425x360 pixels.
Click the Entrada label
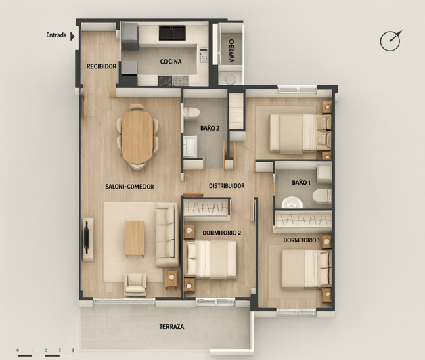56,36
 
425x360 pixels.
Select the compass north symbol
390,41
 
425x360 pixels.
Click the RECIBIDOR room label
102,66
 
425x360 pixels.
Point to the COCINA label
171,62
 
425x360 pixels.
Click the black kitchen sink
172,32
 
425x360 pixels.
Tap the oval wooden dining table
137,137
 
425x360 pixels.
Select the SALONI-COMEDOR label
129,187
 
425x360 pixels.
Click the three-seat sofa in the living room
166,236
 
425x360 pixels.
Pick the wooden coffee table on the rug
135,239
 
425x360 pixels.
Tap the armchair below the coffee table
135,283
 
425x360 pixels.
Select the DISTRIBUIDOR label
227,186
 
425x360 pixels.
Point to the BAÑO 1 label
301,183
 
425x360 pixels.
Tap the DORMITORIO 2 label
221,233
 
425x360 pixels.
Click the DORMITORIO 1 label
301,240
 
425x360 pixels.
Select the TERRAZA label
172,326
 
